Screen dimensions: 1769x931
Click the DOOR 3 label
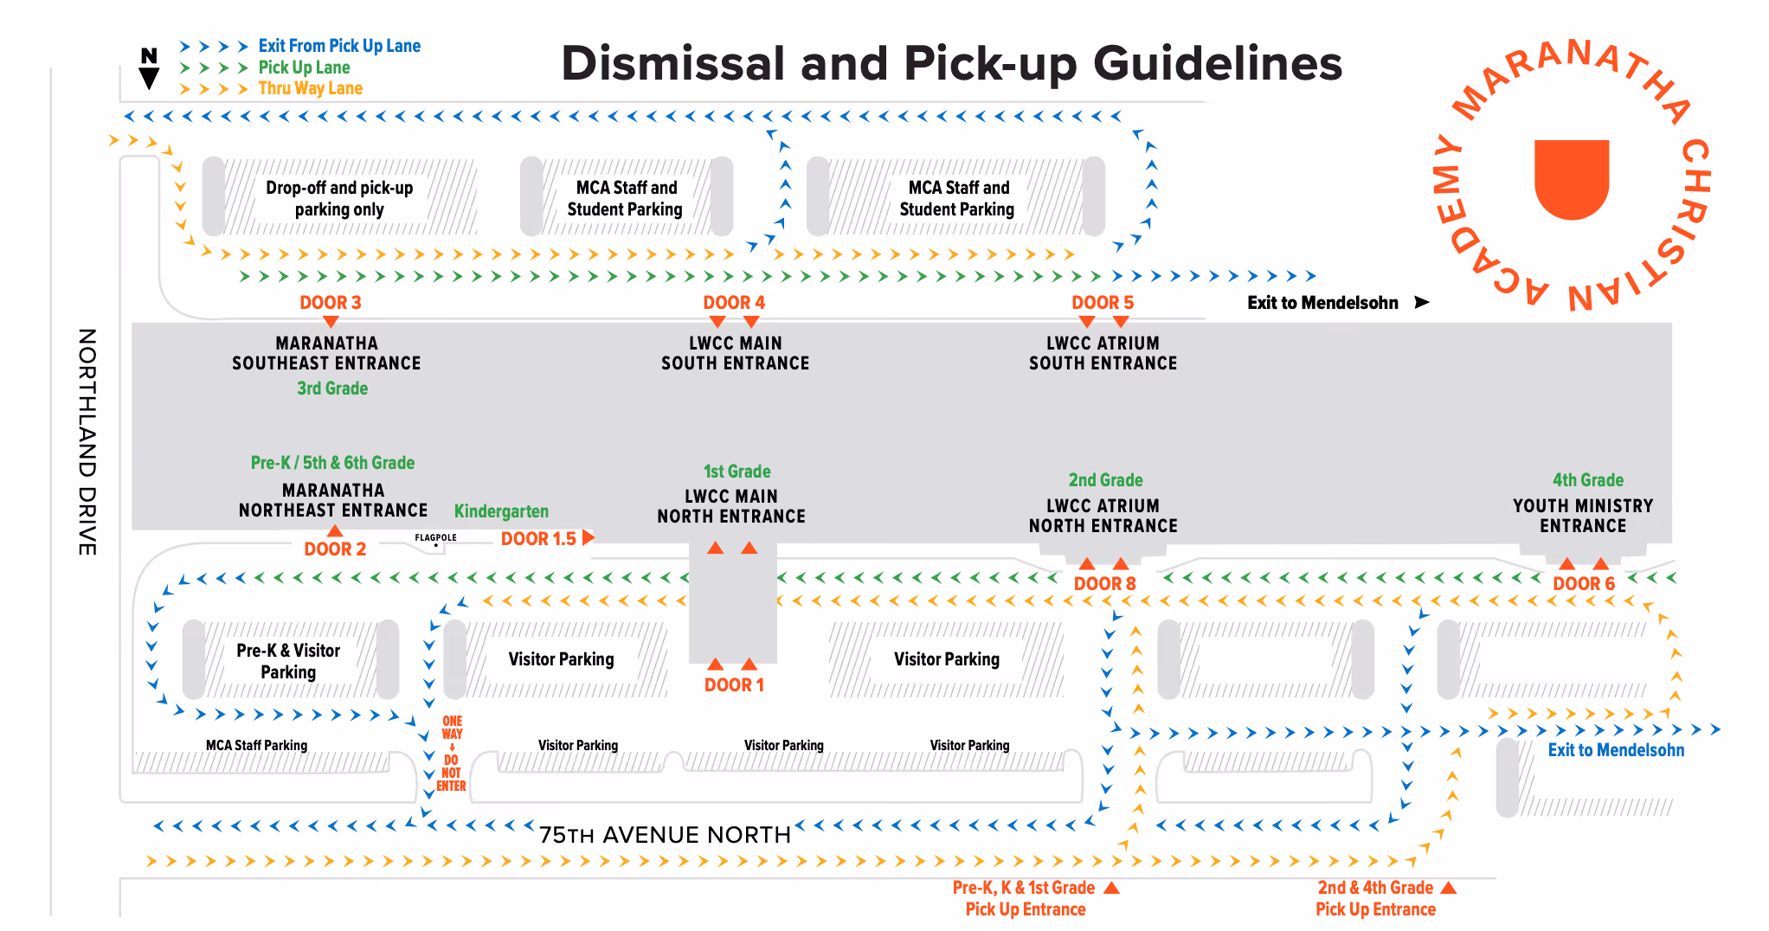(x=330, y=302)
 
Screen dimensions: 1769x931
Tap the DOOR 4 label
(x=734, y=302)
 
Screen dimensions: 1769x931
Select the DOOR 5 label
(x=1103, y=302)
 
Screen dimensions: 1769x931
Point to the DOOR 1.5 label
(x=538, y=538)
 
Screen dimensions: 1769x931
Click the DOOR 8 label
(x=1104, y=583)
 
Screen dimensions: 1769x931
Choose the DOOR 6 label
(x=1584, y=583)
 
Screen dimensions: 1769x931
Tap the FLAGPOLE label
(x=435, y=537)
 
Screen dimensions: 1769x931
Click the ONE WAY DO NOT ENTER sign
(x=452, y=753)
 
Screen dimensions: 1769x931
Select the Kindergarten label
(x=501, y=511)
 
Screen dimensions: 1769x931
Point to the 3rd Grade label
(x=332, y=388)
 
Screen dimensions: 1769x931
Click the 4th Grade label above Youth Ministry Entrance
(x=1588, y=480)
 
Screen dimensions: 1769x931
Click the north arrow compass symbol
(x=149, y=68)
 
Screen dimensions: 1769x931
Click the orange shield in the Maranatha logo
(x=1572, y=179)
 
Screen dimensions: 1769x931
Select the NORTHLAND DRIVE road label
(x=87, y=441)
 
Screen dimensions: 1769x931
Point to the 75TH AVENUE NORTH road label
(x=665, y=835)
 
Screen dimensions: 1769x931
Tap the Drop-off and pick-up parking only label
(x=339, y=198)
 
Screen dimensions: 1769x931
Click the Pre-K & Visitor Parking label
(x=288, y=661)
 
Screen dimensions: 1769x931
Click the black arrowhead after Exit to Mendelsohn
(x=1421, y=302)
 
